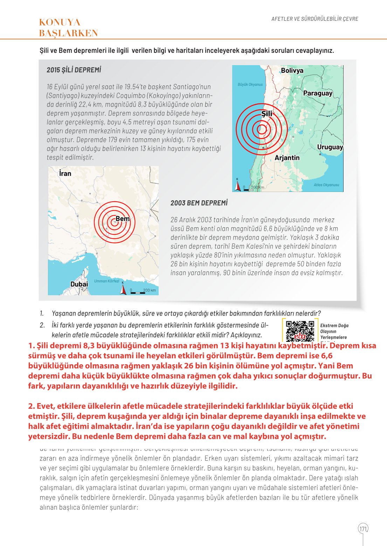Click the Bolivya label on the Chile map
pyautogui.click(x=292, y=70)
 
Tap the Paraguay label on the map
pyautogui.click(x=317, y=93)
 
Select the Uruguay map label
pyautogui.click(x=330, y=147)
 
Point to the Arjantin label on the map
pyautogui.click(x=287, y=158)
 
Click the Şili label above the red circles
pyautogui.click(x=267, y=113)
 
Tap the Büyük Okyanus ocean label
pyautogui.click(x=250, y=84)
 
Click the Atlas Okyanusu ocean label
pyautogui.click(x=326, y=185)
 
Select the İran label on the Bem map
pyautogui.click(x=65, y=173)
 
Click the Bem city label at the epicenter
pyautogui.click(x=122, y=219)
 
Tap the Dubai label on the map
pyautogui.click(x=79, y=284)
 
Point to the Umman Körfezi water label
pyautogui.click(x=106, y=281)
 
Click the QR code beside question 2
pyautogui.click(x=300, y=331)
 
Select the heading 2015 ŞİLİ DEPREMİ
pyautogui.click(x=74, y=70)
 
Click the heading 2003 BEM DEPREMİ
pyautogui.click(x=199, y=203)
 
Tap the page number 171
pyautogui.click(x=363, y=528)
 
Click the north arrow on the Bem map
pyautogui.click(x=123, y=289)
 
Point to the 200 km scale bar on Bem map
pyautogui.click(x=143, y=291)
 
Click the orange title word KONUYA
pyautogui.click(x=60, y=22)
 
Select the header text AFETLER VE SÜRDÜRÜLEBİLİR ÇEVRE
pyautogui.click(x=315, y=19)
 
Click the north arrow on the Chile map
pyautogui.click(x=237, y=185)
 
